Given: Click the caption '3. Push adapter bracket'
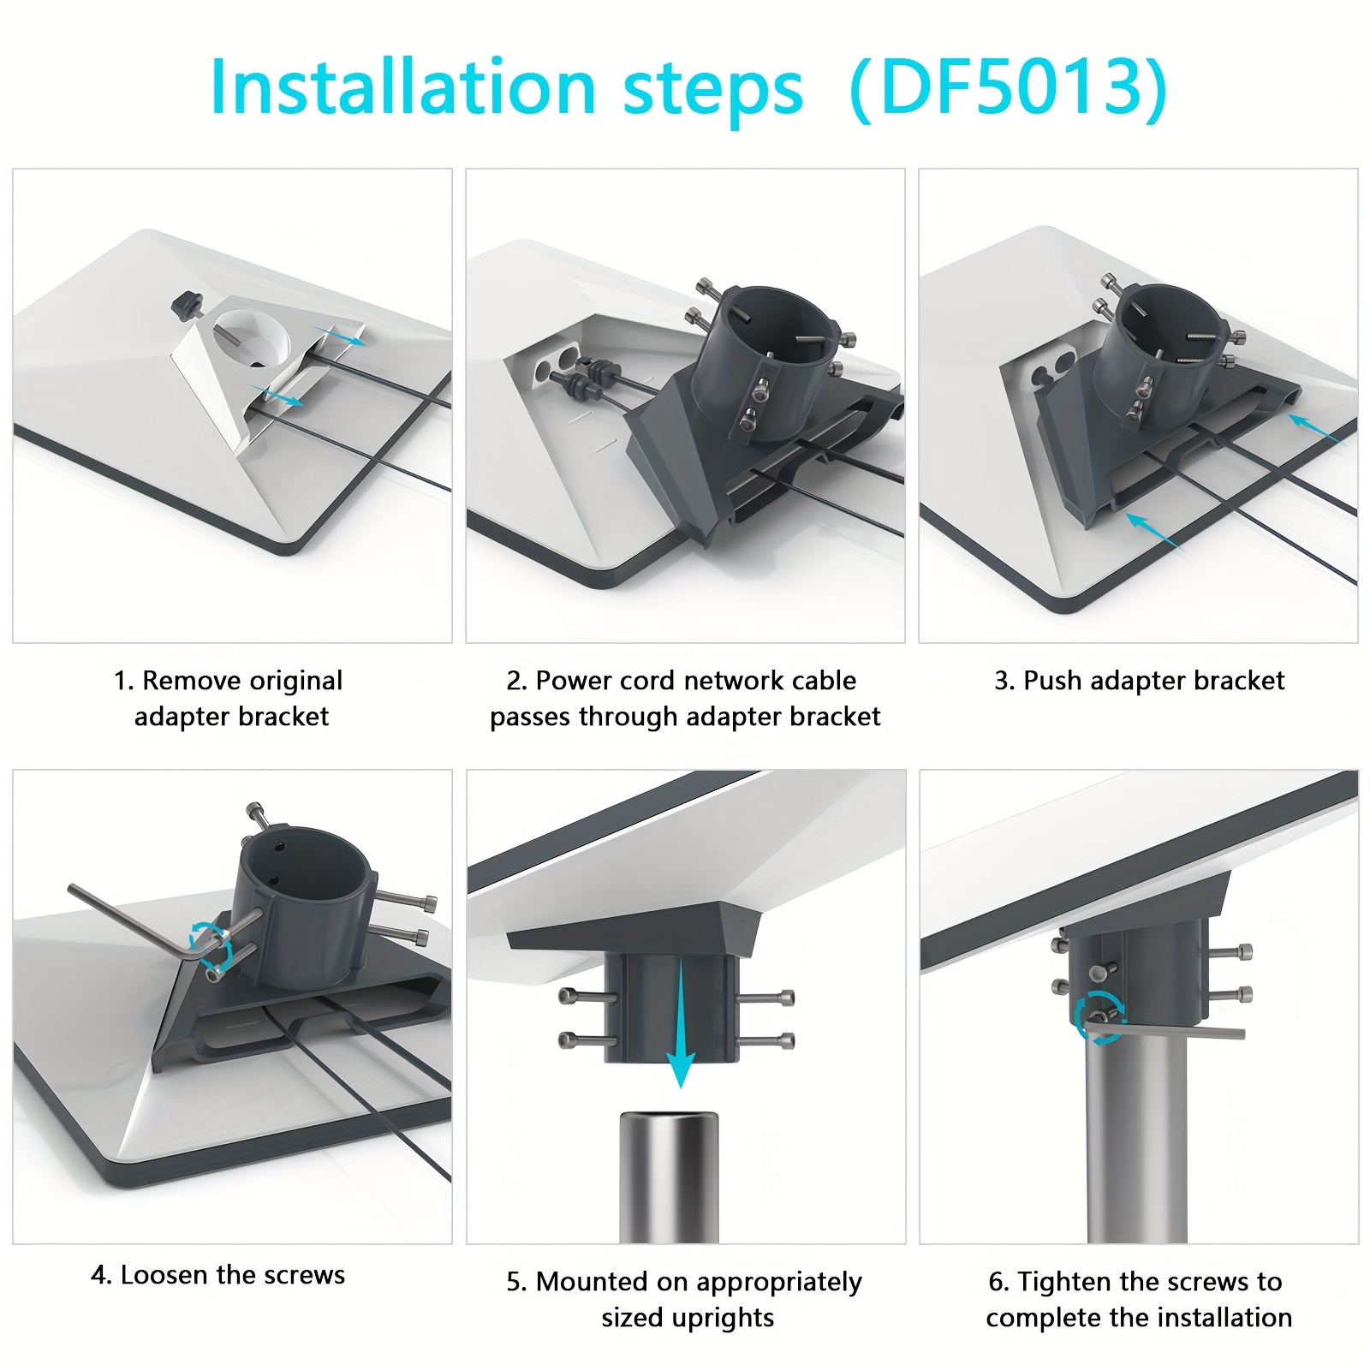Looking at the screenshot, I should (x=1139, y=681).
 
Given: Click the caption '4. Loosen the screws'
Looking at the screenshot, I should (x=217, y=1275).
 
